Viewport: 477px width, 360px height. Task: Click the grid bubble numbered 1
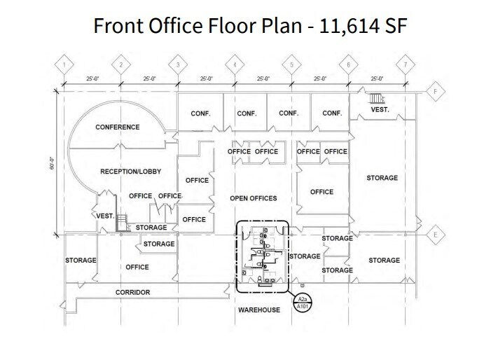64,65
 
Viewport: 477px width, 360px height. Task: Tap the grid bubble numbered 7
405,65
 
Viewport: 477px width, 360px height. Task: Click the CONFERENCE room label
118,127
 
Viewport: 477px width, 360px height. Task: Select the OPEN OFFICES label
254,198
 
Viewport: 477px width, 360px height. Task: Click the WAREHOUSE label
258,309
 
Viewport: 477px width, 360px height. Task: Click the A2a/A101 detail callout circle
304,303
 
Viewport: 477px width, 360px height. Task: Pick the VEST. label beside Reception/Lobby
105,216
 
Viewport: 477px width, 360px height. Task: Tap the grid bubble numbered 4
235,65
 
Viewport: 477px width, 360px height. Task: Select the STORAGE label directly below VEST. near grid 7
382,178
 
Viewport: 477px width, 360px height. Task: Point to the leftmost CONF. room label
201,113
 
